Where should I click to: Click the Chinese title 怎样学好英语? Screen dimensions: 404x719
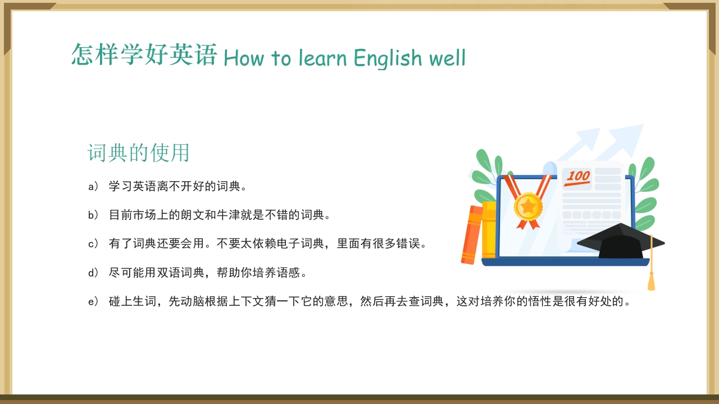pyautogui.click(x=144, y=55)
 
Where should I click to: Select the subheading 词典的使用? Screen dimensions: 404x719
pyautogui.click(x=139, y=153)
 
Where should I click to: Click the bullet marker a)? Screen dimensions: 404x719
pyautogui.click(x=93, y=186)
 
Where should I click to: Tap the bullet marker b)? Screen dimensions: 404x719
pyautogui.click(x=93, y=215)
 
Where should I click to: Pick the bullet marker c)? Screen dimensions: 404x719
pyautogui.click(x=93, y=244)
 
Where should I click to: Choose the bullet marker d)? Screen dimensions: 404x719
pyautogui.click(x=93, y=273)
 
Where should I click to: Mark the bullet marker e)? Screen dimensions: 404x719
pyautogui.click(x=93, y=302)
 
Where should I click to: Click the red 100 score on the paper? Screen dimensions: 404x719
pyautogui.click(x=577, y=177)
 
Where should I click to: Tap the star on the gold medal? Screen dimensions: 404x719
pyautogui.click(x=528, y=206)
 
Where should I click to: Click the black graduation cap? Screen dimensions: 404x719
pyautogui.click(x=620, y=241)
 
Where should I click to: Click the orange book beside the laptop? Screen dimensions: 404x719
pyautogui.click(x=471, y=235)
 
